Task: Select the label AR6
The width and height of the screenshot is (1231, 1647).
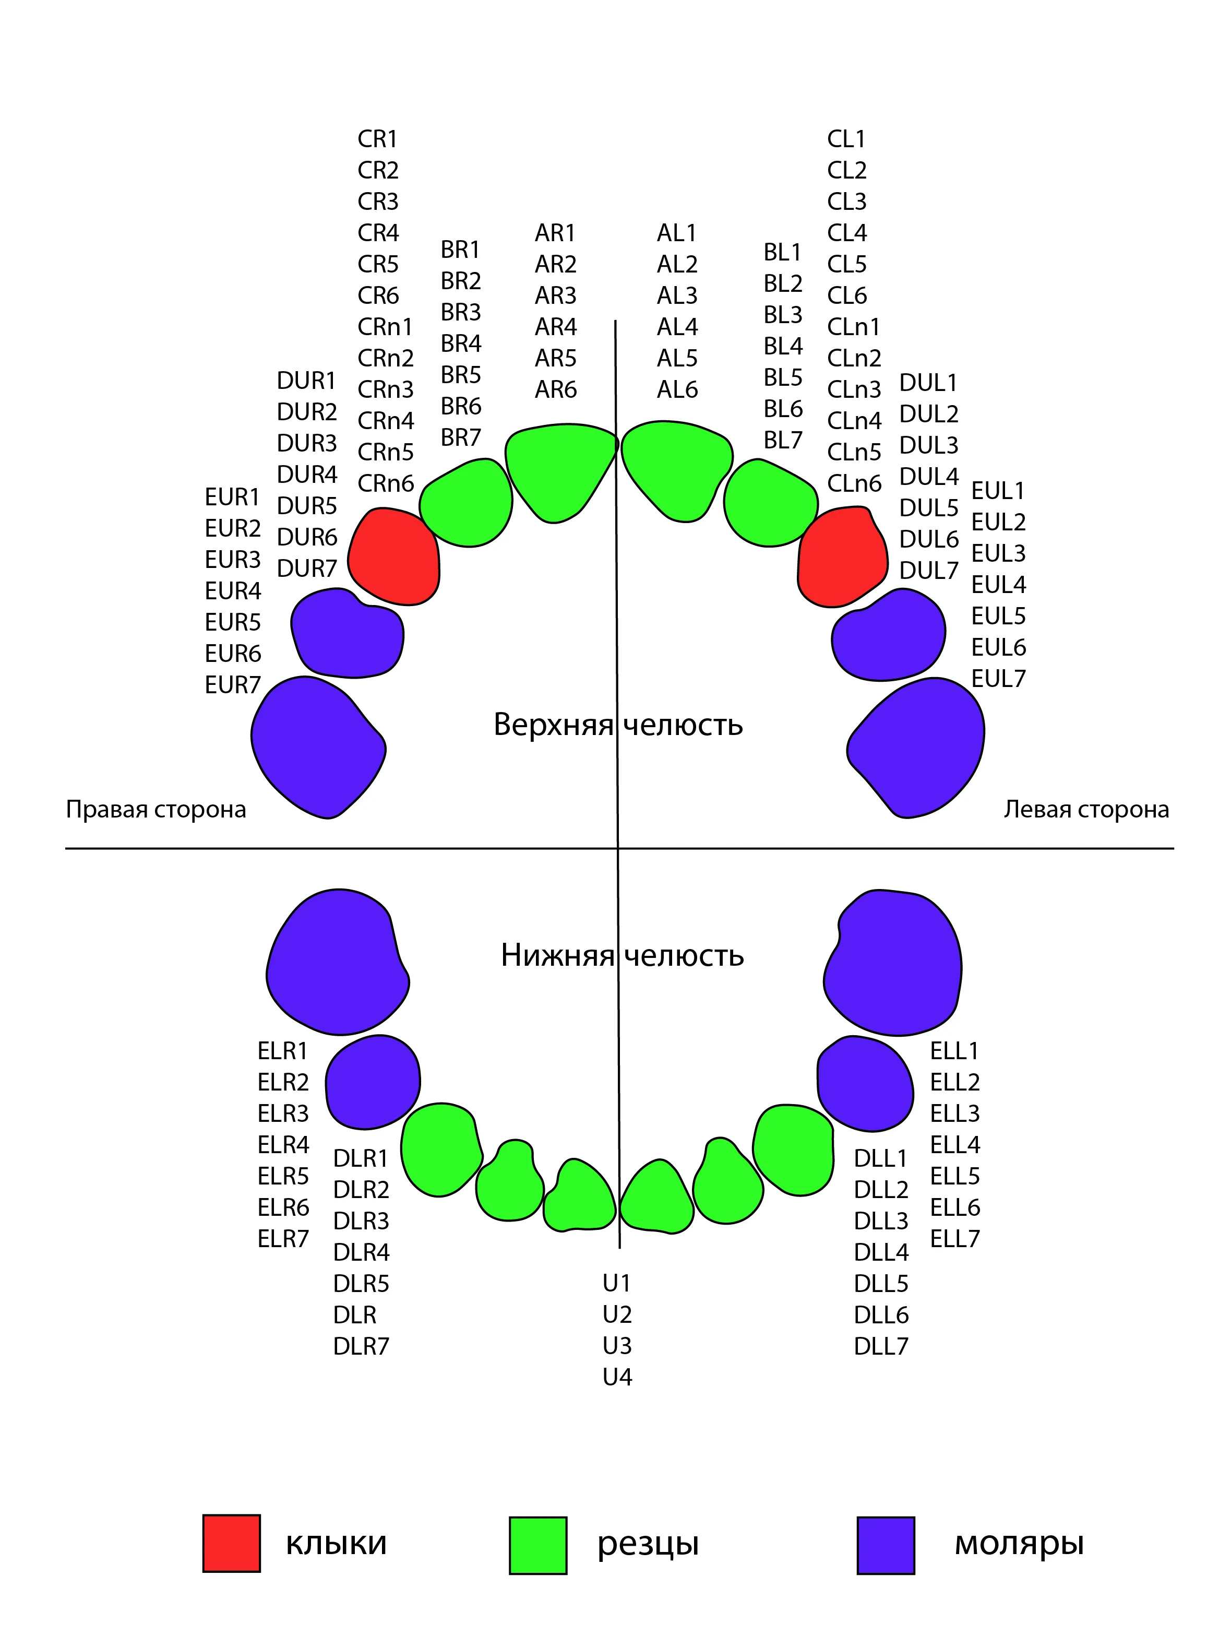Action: [555, 389]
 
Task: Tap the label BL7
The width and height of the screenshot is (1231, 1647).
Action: [783, 440]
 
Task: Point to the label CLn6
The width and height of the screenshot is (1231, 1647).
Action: [854, 483]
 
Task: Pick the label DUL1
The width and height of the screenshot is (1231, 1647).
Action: [928, 383]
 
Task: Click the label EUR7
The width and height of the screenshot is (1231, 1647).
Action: [232, 685]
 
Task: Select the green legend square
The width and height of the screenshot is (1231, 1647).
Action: [538, 1546]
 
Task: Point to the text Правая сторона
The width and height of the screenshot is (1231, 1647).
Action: [157, 809]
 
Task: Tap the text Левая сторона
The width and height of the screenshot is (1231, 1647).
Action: [1086, 809]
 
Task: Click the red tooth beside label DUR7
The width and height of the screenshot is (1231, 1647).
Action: [393, 556]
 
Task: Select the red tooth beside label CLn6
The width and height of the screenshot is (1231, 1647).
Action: [843, 556]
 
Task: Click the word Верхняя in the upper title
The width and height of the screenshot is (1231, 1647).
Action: [554, 725]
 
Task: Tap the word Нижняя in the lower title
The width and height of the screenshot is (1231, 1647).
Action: [557, 955]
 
